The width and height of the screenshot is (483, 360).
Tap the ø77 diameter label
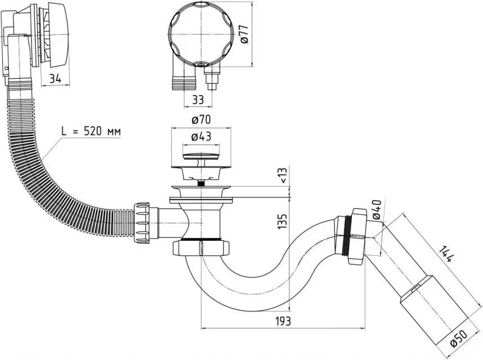[x=244, y=34]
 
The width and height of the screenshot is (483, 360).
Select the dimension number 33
[x=198, y=100]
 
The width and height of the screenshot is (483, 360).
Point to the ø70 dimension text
[x=201, y=119]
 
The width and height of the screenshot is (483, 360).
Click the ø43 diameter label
[x=201, y=136]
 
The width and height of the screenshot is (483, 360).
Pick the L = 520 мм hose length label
[x=91, y=132]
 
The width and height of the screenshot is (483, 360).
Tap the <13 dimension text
[x=283, y=176]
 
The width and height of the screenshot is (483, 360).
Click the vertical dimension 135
[x=283, y=221]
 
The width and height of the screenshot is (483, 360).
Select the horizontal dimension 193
[x=283, y=321]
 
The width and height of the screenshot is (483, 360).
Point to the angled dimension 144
[x=446, y=254]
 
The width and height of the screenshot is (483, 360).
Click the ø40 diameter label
[x=377, y=210]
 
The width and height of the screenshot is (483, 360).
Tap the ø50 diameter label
[x=459, y=339]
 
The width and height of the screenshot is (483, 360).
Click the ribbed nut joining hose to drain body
[x=142, y=223]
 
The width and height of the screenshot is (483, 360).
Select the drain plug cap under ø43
[x=201, y=156]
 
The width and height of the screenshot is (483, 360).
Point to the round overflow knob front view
[x=201, y=34]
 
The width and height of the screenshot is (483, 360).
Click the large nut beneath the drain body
[x=201, y=248]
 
